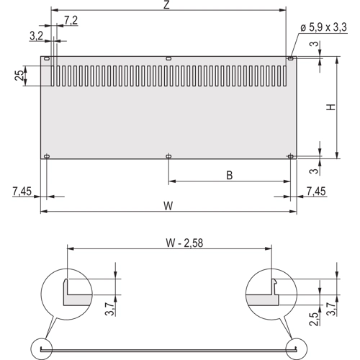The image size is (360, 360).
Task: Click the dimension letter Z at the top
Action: click(166, 5)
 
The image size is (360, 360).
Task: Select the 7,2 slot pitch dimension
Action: click(71, 20)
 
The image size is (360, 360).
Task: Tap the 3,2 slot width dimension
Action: click(36, 36)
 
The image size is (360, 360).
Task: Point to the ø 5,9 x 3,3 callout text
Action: click(324, 27)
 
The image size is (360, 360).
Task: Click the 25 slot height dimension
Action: click(19, 75)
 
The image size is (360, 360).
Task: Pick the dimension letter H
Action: click(330, 107)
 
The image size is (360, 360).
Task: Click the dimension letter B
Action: click(230, 175)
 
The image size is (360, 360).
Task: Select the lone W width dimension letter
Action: click(168, 206)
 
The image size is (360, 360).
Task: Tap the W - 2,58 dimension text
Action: click(184, 243)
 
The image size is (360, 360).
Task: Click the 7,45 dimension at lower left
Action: click(22, 192)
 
